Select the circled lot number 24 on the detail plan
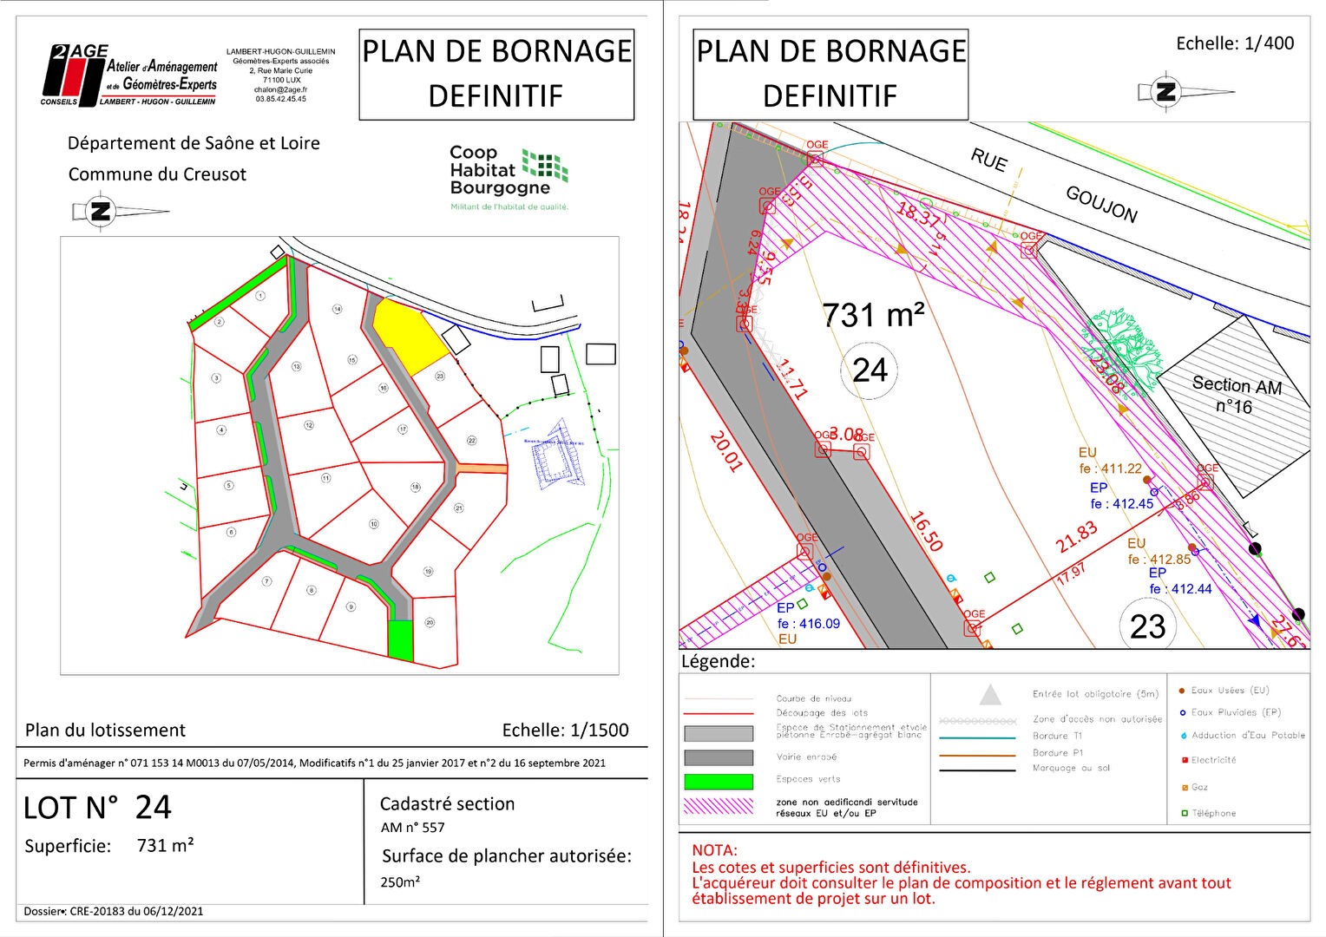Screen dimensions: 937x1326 point(870,370)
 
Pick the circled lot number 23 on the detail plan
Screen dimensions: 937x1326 point(1147,626)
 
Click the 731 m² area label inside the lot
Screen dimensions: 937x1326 point(873,315)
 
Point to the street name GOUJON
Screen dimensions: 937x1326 point(1101,205)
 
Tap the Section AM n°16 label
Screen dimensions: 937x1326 point(1236,395)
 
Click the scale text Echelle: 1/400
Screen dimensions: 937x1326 point(1234,43)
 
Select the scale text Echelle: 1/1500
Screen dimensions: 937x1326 point(565,731)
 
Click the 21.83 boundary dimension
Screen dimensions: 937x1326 point(1076,537)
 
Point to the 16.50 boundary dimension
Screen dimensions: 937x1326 point(926,531)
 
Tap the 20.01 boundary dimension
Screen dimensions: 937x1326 point(725,451)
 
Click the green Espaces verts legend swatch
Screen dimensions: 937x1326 point(718,781)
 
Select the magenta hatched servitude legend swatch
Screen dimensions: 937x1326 point(718,806)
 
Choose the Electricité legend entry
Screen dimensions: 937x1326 point(1212,760)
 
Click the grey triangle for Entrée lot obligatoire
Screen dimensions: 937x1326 point(990,695)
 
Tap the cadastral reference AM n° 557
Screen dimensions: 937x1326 point(412,828)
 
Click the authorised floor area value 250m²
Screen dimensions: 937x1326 point(400,882)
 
